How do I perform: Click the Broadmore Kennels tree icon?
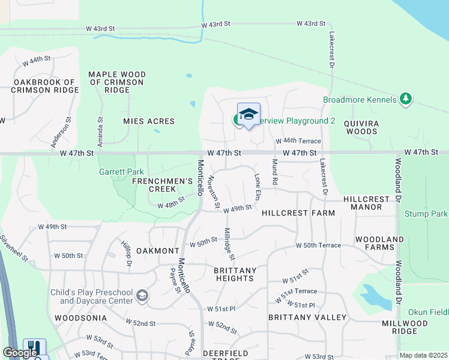click(406, 99)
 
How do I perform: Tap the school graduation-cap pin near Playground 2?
click(249, 113)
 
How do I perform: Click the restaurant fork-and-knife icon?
click(34, 347)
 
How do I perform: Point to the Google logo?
click(20, 353)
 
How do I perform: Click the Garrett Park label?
click(121, 172)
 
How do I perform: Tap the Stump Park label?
click(426, 214)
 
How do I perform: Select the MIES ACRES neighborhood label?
click(148, 121)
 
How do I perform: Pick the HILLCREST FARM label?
click(298, 213)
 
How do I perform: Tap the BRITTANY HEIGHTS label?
click(235, 274)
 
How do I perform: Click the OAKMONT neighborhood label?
click(158, 250)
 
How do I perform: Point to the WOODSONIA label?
click(80, 317)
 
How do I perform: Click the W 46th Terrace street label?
click(298, 141)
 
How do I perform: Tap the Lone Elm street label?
click(258, 187)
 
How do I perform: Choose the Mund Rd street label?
click(275, 172)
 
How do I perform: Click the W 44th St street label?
click(37, 60)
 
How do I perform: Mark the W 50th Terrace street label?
click(318, 245)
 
